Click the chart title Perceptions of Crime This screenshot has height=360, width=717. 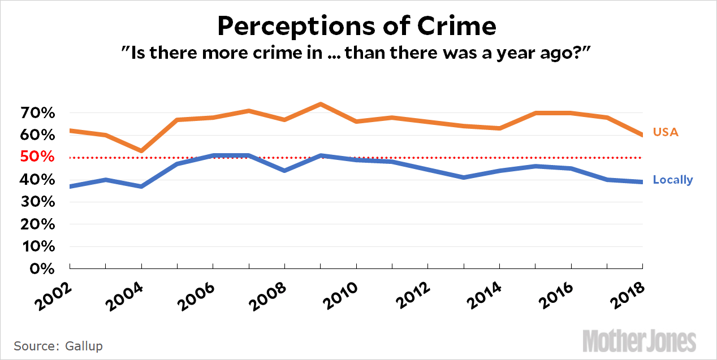coord(357,25)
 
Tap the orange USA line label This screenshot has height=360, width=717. coord(666,132)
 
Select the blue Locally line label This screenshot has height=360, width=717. coord(672,180)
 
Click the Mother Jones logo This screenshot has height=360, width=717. coord(640,341)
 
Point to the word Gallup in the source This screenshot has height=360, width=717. coord(84,345)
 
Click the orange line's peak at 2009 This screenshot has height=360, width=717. coord(321,104)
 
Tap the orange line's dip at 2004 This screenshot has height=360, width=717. coord(141,151)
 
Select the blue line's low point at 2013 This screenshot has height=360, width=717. coord(464,177)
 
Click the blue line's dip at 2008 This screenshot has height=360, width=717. coord(285,171)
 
